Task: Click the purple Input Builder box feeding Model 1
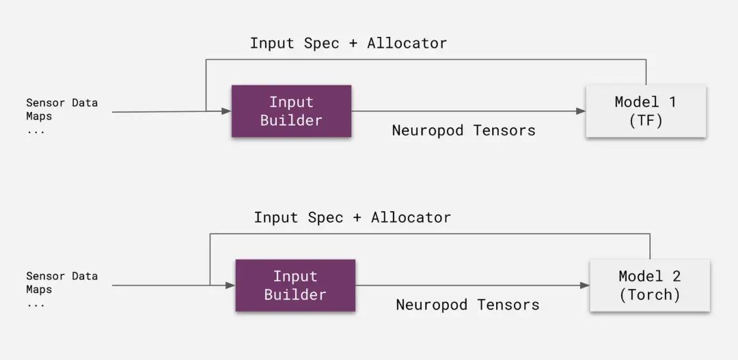coord(291,111)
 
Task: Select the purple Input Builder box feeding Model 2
coord(295,285)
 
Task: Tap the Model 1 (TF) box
coord(646,111)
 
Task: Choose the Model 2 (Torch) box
coord(650,285)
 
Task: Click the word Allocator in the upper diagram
coord(407,43)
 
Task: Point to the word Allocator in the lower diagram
coord(411,217)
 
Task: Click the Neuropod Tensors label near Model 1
coord(463,130)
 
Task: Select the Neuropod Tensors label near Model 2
coord(467,305)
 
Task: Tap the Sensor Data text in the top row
coord(61,102)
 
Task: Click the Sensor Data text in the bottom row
coord(61,276)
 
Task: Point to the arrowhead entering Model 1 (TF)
coord(581,111)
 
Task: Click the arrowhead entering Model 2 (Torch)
coord(584,285)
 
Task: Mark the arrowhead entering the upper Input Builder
coord(226,111)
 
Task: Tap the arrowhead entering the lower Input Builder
coord(230,285)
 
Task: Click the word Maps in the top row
coord(39,116)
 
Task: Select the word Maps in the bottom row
coord(39,290)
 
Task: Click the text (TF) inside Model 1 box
coord(646,120)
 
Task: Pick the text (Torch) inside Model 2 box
coord(650,295)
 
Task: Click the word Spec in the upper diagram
coord(321,43)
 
